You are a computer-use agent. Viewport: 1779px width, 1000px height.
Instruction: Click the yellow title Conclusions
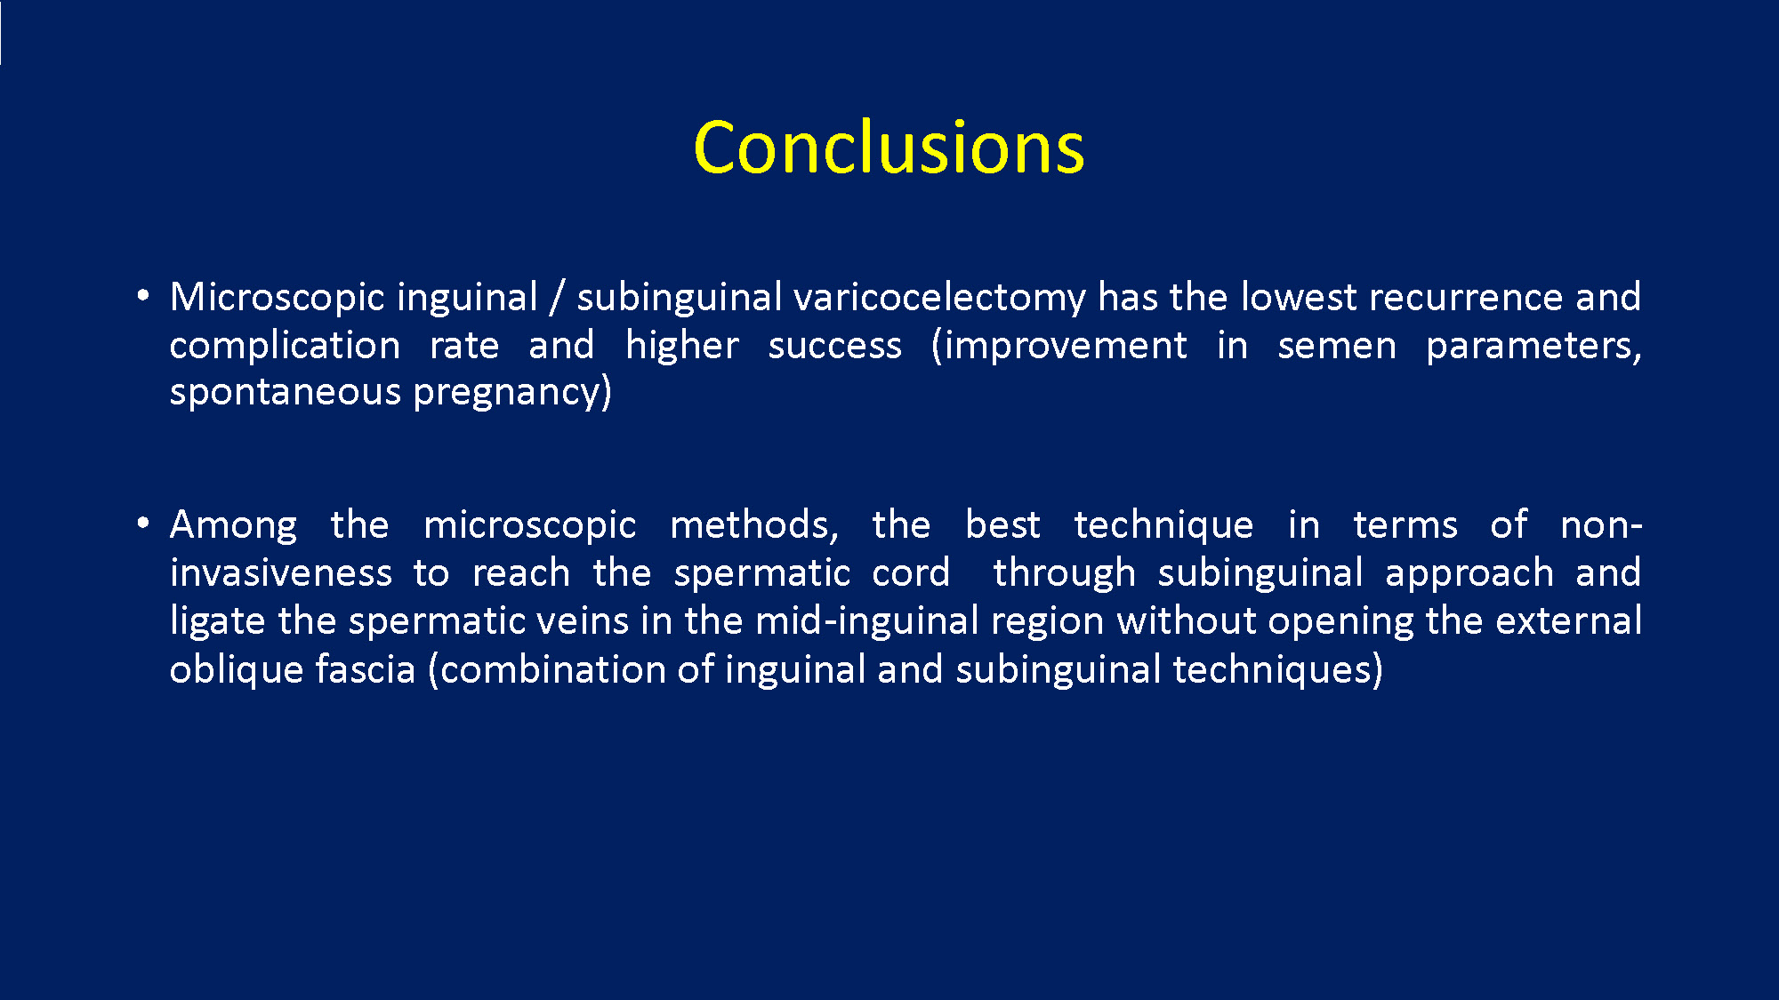(x=889, y=147)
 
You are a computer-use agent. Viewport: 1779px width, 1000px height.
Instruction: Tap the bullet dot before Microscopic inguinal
(x=143, y=296)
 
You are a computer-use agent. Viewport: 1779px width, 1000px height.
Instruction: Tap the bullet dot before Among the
(x=143, y=524)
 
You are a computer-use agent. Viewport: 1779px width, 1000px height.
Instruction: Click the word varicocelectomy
(x=939, y=299)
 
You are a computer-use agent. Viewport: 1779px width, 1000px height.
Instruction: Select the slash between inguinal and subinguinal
(x=557, y=298)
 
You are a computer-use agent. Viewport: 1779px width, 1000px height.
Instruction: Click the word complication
(x=285, y=347)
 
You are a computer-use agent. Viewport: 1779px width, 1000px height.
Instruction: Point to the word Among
(x=234, y=526)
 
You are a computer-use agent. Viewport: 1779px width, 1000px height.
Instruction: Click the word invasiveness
(x=281, y=573)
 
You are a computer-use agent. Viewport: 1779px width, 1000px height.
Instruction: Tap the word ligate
(x=218, y=622)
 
